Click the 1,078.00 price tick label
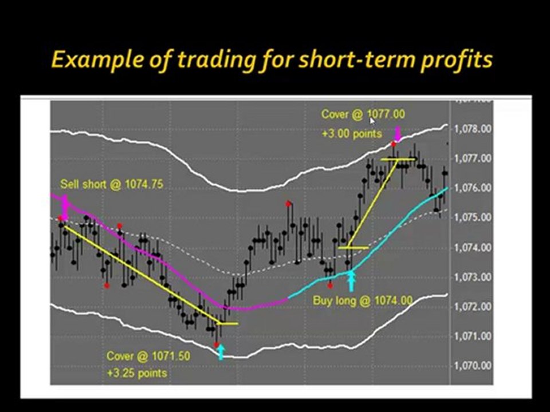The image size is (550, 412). [x=473, y=129]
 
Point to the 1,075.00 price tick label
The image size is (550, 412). [x=473, y=217]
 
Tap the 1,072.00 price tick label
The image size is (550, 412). [x=473, y=306]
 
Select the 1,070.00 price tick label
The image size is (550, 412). [x=473, y=365]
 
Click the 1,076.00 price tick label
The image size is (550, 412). [x=473, y=188]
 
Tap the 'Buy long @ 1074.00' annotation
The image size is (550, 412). [x=362, y=300]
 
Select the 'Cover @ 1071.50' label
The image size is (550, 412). [x=148, y=356]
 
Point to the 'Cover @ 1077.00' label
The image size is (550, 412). [x=363, y=114]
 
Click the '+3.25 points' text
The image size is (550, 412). [x=137, y=373]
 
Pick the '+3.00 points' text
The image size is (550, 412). [x=352, y=134]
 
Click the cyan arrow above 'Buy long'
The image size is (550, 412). [x=351, y=281]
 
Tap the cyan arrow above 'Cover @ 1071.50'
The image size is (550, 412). [x=221, y=351]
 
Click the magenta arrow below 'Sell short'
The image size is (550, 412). [x=64, y=206]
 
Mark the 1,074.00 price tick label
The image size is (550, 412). [x=473, y=247]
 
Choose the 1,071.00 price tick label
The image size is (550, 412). [x=473, y=336]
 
